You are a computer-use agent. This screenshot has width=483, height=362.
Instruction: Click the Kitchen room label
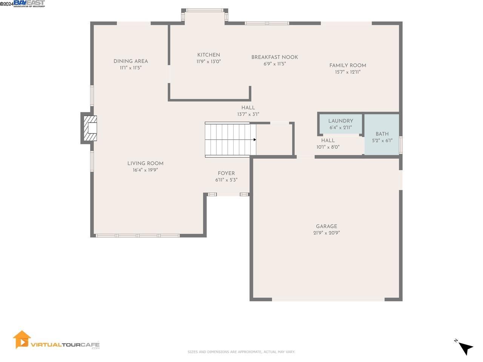pos(208,55)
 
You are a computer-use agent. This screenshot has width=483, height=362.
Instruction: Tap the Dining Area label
pos(131,61)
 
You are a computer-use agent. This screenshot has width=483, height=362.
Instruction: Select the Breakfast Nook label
pos(274,57)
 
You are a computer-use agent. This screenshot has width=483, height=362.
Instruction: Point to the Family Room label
pos(348,65)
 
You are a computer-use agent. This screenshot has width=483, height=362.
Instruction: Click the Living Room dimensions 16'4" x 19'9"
pos(145,170)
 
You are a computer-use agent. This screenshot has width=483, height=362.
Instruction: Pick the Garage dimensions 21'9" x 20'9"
pos(326,233)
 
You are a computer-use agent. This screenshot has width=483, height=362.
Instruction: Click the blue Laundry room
pos(340,124)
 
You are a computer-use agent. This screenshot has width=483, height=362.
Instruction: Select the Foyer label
pos(226,173)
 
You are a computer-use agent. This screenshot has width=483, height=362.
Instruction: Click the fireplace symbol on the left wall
pos(89,128)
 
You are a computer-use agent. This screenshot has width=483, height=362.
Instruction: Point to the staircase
pos(229,140)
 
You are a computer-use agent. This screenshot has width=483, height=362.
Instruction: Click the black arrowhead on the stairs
pos(255,140)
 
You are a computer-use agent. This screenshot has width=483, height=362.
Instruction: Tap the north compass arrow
pos(466,348)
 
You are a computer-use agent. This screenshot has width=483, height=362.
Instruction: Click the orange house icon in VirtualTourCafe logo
pos(22,339)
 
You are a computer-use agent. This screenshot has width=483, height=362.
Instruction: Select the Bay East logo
pos(29,4)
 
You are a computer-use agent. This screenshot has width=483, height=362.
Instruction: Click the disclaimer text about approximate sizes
pos(241,352)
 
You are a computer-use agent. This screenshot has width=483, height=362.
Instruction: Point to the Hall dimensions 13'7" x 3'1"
pos(248,114)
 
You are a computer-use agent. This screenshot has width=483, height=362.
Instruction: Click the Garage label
pos(326,227)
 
